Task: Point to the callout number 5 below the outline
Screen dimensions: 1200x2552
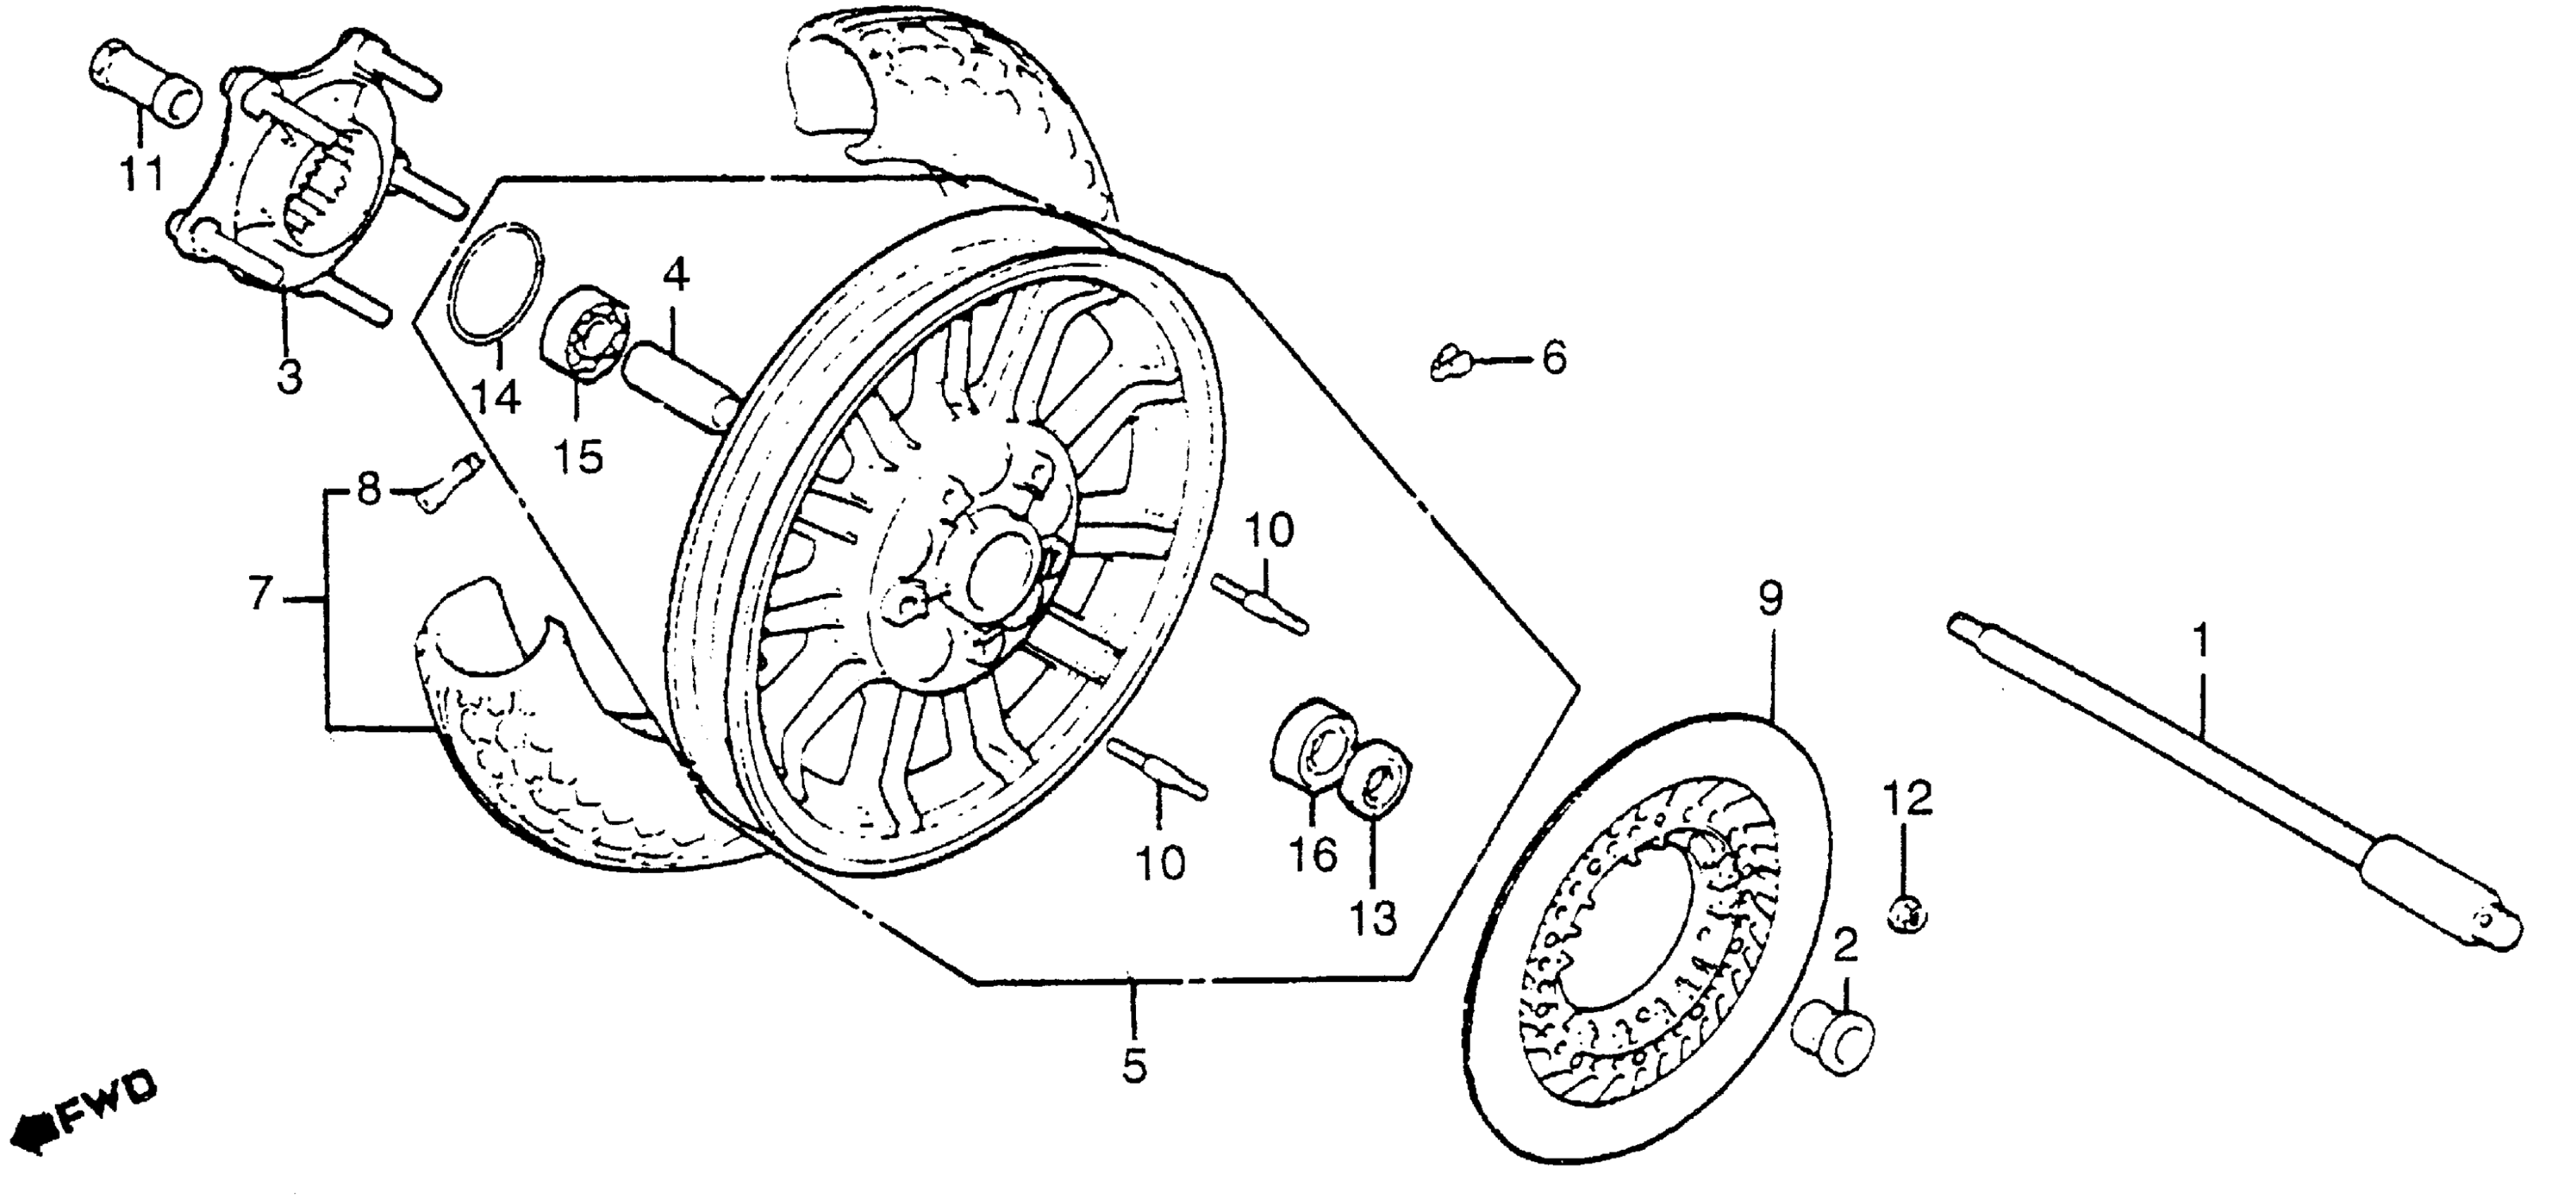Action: point(1135,1067)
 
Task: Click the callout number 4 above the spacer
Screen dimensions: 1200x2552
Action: point(676,275)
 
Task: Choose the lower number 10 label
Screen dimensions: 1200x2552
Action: point(1160,864)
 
